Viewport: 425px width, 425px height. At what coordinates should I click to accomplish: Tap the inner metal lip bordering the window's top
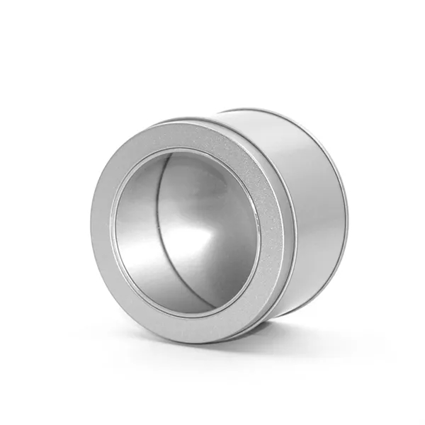pyautogui.click(x=186, y=150)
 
